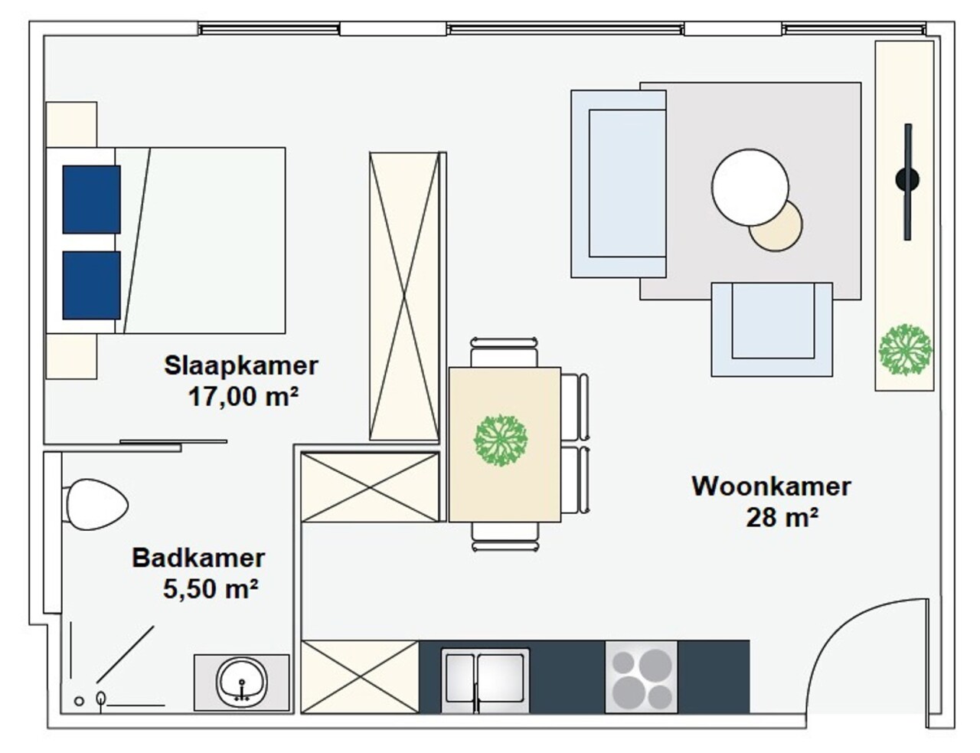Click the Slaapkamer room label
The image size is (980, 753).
(x=240, y=365)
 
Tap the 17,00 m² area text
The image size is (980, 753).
(x=243, y=397)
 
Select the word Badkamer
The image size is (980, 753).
(x=198, y=558)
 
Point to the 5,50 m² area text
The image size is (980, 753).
(x=210, y=589)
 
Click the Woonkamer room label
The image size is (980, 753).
(x=771, y=486)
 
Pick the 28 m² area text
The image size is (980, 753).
(x=782, y=518)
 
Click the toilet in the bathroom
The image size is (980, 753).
(x=96, y=504)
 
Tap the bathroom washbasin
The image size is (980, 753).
(x=242, y=681)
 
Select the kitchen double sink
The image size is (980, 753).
(x=485, y=679)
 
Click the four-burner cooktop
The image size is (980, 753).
(x=642, y=677)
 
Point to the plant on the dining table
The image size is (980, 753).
(x=501, y=440)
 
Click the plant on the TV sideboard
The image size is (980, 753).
(x=905, y=350)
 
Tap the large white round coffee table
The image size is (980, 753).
(x=750, y=187)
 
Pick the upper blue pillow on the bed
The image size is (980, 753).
(x=91, y=199)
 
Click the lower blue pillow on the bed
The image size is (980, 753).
(x=91, y=285)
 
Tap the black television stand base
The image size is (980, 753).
(x=907, y=181)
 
